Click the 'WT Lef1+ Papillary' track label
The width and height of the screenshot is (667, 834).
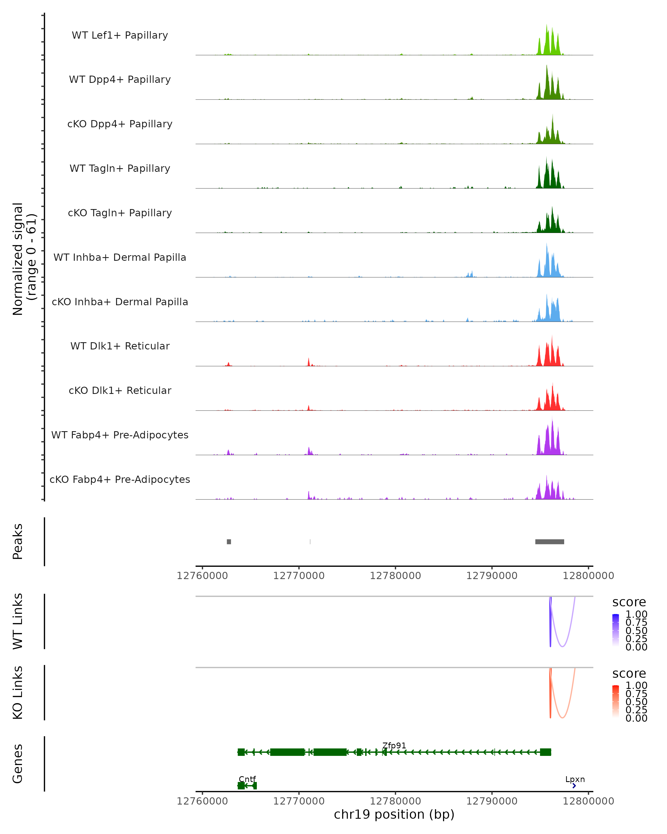click(x=120, y=35)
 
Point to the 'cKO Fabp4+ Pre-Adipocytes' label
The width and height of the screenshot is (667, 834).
click(x=120, y=479)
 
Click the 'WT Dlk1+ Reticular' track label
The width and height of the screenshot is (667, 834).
click(x=120, y=346)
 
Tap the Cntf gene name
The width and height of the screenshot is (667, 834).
click(x=247, y=779)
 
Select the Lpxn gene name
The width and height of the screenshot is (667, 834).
click(x=575, y=779)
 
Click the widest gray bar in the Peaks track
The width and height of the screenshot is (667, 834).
click(x=549, y=542)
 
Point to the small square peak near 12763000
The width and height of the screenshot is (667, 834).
click(x=229, y=542)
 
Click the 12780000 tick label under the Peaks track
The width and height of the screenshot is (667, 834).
click(x=395, y=576)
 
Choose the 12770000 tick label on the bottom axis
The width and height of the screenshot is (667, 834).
click(x=298, y=801)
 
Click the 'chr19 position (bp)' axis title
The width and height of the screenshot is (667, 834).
click(x=394, y=815)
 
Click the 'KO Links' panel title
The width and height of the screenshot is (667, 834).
click(x=18, y=692)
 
